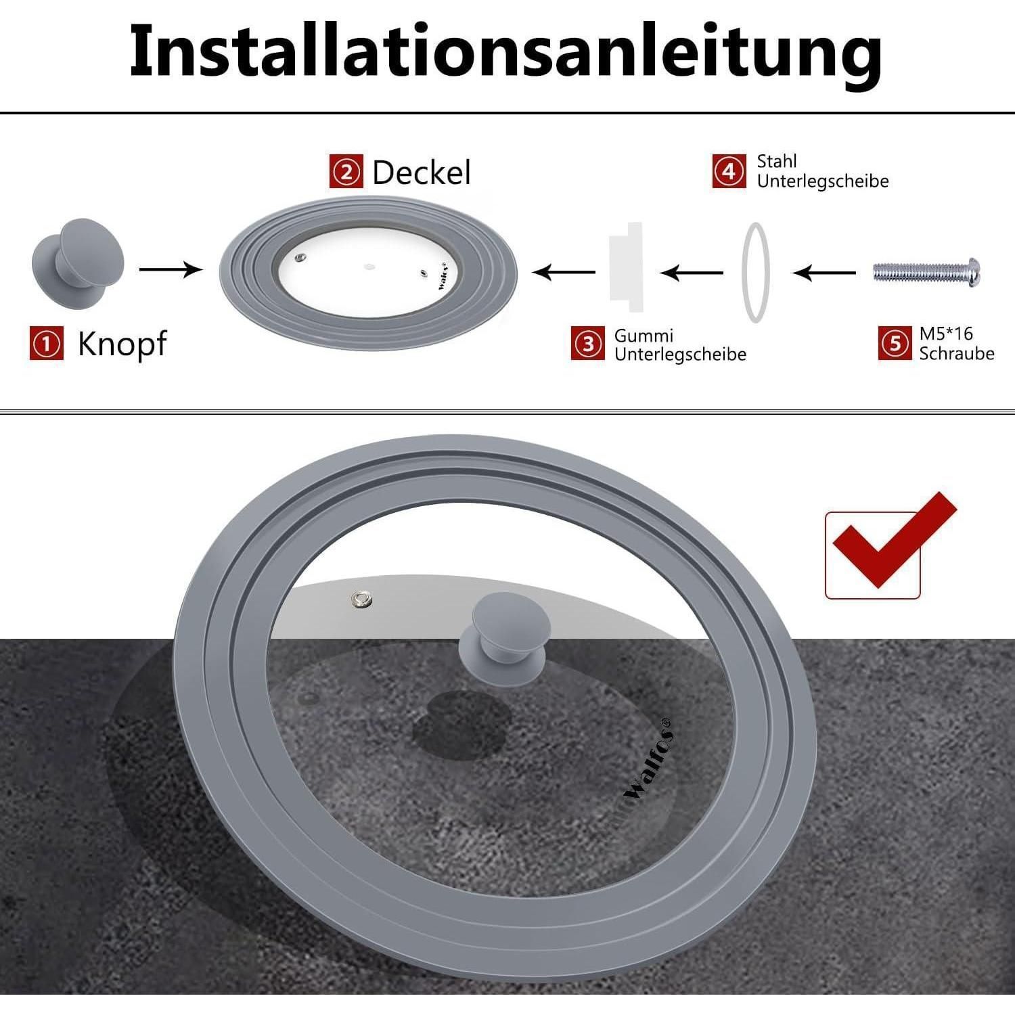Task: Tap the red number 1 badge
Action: (47, 343)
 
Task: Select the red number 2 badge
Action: (346, 172)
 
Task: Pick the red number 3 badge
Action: (588, 344)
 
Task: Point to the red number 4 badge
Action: (729, 171)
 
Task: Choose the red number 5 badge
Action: (895, 343)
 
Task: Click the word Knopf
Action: (122, 344)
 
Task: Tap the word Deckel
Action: (422, 173)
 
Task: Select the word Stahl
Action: (777, 161)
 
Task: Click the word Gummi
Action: (644, 336)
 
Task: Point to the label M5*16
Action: (946, 334)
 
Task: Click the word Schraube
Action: (957, 353)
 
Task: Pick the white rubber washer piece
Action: (626, 267)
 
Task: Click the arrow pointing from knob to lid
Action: (171, 269)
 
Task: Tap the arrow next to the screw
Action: (824, 273)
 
